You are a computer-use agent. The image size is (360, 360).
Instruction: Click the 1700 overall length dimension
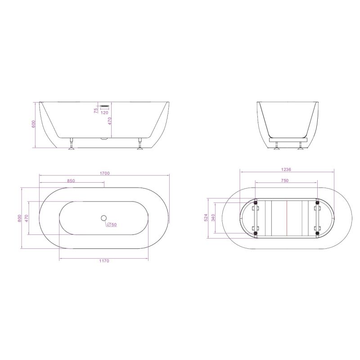point(104,173)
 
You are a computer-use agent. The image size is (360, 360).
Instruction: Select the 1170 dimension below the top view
point(104,261)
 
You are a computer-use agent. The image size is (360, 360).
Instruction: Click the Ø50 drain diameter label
point(112,224)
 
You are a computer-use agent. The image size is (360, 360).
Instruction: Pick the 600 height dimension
point(33,125)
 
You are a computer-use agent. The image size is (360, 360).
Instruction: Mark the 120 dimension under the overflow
point(104,113)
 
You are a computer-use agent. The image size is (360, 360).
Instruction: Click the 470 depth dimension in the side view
point(108,121)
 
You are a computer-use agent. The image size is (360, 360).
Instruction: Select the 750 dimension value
point(284,180)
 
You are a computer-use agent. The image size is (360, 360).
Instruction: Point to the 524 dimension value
point(206,218)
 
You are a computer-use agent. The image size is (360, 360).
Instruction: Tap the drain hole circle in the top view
point(104,219)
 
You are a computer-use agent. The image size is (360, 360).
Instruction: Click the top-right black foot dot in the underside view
point(318,202)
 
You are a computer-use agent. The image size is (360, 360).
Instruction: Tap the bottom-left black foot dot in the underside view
point(255,233)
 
